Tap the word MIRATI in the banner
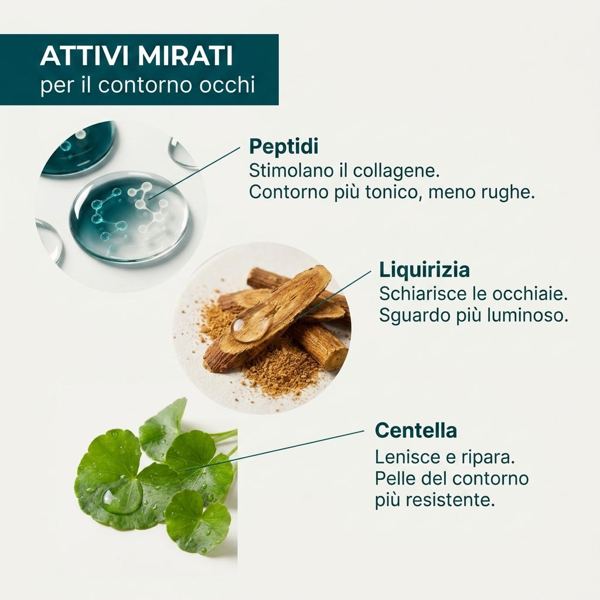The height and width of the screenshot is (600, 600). [185, 56]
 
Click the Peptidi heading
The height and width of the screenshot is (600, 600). [284, 146]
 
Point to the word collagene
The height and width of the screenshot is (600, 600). [396, 171]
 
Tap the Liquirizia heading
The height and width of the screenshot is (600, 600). [424, 270]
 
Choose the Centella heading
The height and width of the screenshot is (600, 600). [416, 431]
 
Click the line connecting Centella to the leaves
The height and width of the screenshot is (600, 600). [274, 451]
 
